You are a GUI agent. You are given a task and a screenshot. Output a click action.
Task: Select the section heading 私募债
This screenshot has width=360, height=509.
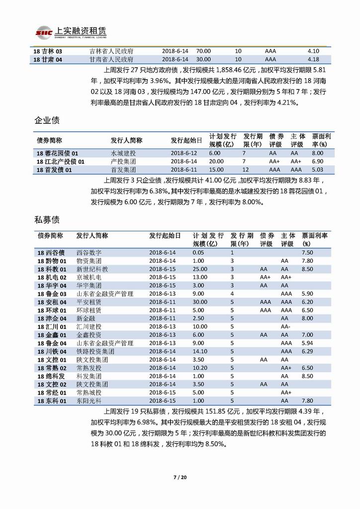click(x=47, y=219)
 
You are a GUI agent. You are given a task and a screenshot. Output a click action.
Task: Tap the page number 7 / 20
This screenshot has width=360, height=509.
click(x=180, y=478)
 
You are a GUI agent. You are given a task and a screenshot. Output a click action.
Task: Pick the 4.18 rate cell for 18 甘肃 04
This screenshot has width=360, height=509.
click(x=313, y=60)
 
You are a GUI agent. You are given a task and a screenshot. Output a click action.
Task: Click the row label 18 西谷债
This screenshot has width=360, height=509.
click(x=51, y=252)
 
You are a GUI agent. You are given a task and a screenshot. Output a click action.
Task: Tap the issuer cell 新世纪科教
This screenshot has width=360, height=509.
click(x=92, y=269)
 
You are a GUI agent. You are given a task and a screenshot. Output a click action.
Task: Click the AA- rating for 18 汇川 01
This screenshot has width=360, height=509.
click(x=285, y=326)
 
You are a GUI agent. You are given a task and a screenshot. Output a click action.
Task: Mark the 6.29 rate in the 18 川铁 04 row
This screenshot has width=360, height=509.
click(x=307, y=351)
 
